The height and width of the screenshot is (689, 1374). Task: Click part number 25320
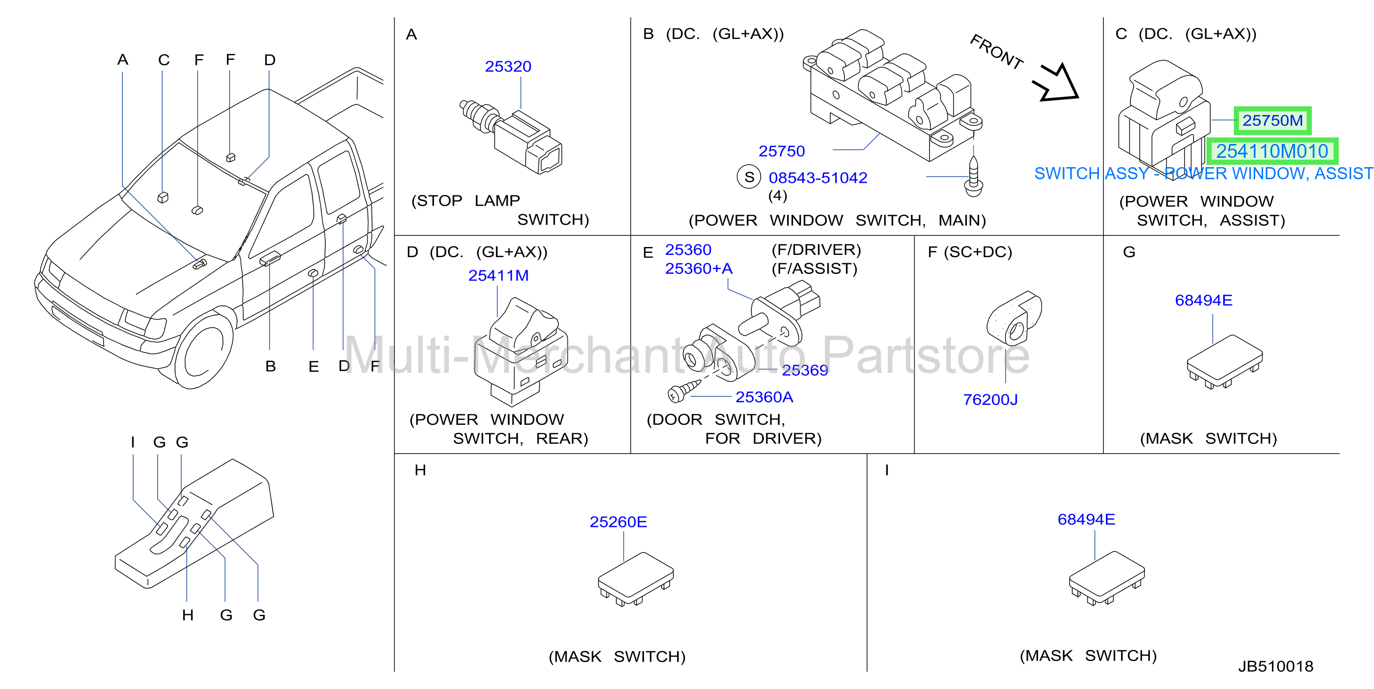click(x=508, y=67)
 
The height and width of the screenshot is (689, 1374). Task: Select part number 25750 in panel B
click(x=781, y=151)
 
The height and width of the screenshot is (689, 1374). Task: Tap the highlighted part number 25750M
click(x=1273, y=121)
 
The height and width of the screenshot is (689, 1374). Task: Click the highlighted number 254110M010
click(x=1272, y=151)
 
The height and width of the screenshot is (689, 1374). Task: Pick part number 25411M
click(x=498, y=275)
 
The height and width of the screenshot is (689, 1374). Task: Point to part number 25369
click(x=805, y=370)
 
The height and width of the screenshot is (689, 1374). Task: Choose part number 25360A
click(x=764, y=397)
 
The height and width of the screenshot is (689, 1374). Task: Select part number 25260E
click(x=618, y=522)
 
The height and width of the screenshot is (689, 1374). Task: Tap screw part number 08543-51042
click(x=818, y=178)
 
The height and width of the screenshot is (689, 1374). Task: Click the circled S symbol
click(x=749, y=177)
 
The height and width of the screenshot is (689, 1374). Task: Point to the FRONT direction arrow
click(x=1056, y=83)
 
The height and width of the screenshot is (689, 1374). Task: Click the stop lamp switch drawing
click(x=511, y=136)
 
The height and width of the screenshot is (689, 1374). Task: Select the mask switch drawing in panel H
click(x=636, y=579)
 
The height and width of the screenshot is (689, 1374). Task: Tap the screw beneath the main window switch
click(x=974, y=175)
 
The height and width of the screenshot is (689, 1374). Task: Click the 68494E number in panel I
click(x=1086, y=519)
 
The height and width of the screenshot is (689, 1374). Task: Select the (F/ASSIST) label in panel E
click(x=814, y=268)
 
